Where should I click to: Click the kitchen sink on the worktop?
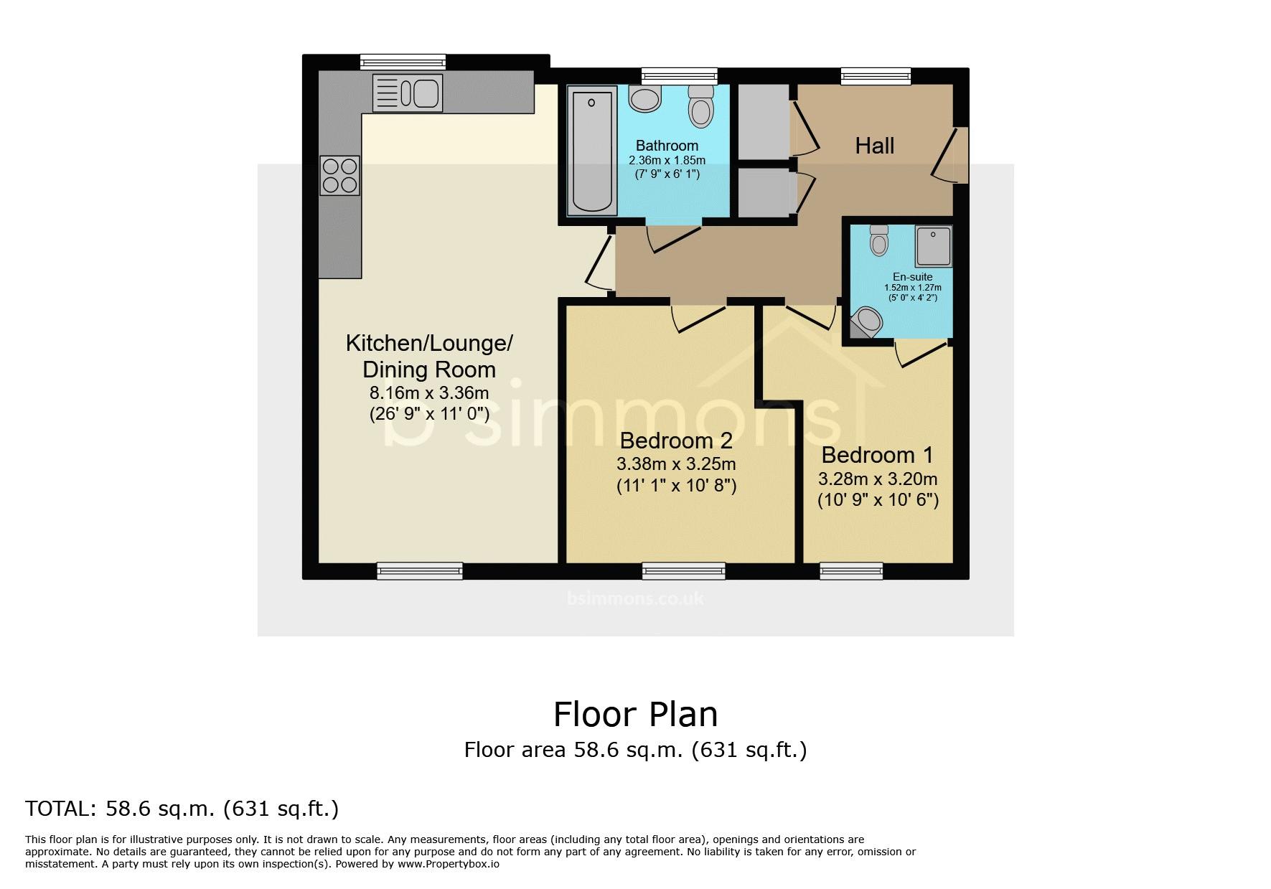(407, 93)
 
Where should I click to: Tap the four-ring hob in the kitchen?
(340, 175)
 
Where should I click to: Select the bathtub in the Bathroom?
(592, 150)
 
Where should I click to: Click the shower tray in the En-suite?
(934, 245)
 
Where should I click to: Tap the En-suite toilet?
(878, 240)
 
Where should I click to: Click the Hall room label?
(875, 146)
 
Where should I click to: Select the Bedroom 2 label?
(676, 440)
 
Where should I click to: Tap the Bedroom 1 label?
(878, 455)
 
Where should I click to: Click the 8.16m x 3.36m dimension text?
(429, 392)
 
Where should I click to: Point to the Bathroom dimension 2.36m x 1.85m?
(667, 160)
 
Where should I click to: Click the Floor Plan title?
(635, 714)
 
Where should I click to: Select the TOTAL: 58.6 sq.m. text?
(121, 809)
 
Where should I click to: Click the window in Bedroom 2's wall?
(684, 570)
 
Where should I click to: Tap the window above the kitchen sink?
(403, 62)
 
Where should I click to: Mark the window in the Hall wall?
(876, 75)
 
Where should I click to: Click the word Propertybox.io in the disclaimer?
(459, 864)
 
